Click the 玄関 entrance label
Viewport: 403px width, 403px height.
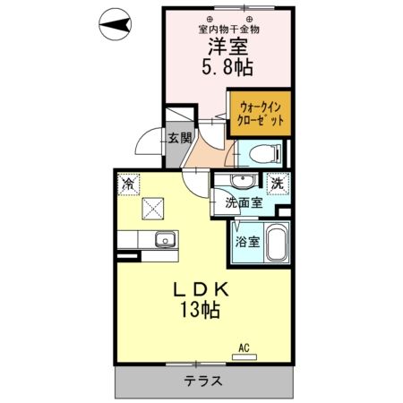[178, 138]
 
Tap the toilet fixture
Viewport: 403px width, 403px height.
[260, 152]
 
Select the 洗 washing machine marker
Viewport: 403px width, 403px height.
[279, 183]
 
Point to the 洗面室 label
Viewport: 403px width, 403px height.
[244, 202]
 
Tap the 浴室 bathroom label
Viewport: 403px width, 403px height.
[246, 242]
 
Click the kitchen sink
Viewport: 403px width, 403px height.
[165, 239]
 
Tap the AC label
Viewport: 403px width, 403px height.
[243, 346]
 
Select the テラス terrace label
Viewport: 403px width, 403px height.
[203, 380]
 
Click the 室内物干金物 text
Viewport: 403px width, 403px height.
[230, 28]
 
